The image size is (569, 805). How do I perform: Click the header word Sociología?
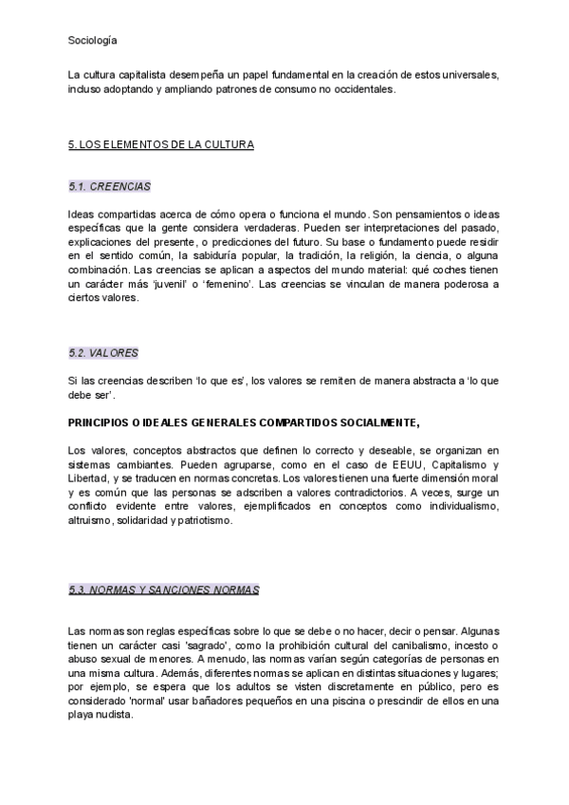pyautogui.click(x=93, y=41)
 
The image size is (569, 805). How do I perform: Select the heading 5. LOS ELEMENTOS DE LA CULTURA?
pyautogui.click(x=161, y=145)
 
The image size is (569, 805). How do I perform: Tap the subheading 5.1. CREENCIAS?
pyautogui.click(x=110, y=186)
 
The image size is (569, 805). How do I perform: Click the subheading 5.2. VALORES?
pyautogui.click(x=103, y=353)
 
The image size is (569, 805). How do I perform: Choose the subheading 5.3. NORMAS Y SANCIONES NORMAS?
pyautogui.click(x=164, y=590)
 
